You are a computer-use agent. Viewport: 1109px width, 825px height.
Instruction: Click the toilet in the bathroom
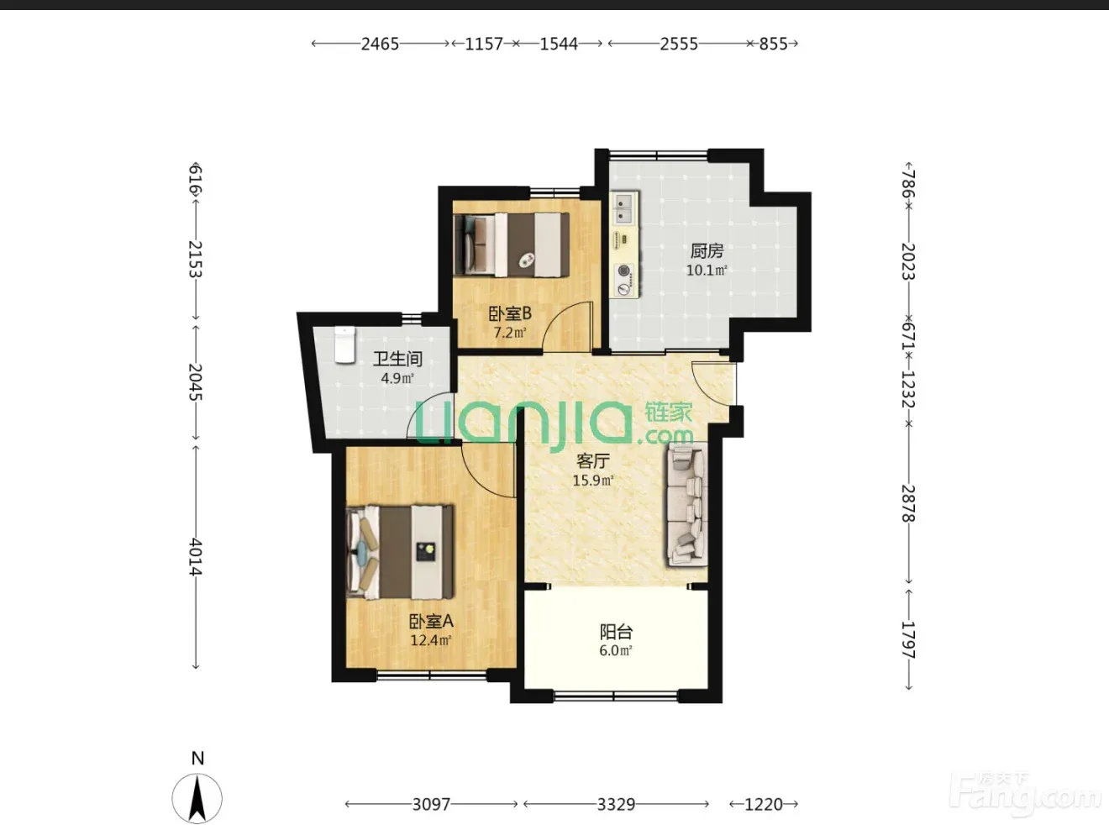344,344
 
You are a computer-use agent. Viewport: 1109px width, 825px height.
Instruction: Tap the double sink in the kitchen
623,208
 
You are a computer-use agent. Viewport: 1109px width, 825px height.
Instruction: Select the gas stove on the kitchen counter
624,280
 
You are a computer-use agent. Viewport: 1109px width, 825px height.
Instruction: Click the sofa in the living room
686,505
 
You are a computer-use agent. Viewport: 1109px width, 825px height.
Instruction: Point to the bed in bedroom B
512,245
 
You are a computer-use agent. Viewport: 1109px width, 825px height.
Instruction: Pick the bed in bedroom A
400,551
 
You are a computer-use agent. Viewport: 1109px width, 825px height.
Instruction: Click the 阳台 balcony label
616,632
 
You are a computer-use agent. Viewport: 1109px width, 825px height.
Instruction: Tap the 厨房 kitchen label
707,250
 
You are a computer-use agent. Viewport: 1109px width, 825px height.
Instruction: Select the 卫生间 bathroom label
397,359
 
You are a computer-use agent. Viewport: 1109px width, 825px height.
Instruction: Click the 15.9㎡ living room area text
593,481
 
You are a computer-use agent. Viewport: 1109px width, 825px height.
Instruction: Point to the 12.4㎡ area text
431,640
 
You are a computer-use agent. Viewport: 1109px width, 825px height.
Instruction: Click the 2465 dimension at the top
380,44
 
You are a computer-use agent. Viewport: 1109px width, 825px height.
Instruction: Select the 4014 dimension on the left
196,557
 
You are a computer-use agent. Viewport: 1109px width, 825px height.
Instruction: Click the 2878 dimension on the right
908,503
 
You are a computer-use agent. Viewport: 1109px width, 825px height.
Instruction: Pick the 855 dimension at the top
773,44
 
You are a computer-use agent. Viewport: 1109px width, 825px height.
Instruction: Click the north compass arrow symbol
197,798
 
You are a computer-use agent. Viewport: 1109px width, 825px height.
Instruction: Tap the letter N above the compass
197,759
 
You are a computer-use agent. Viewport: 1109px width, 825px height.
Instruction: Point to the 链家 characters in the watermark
669,413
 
